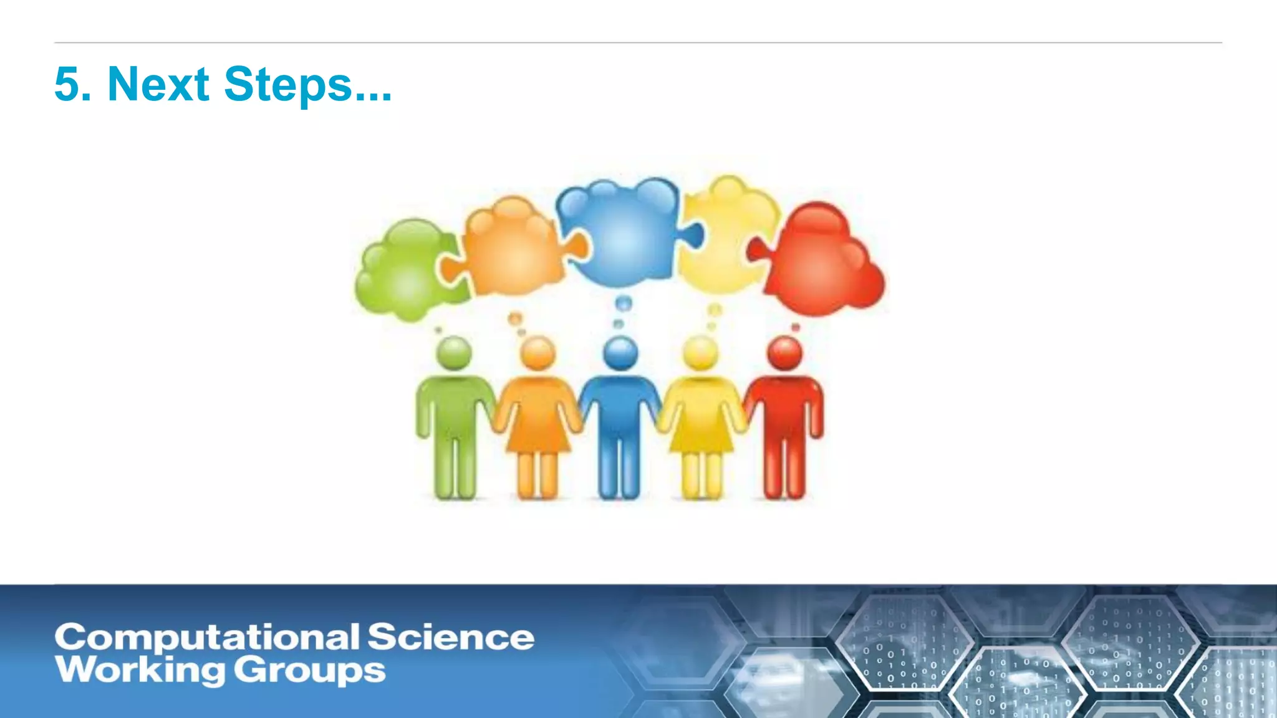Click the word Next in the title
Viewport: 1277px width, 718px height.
click(x=158, y=84)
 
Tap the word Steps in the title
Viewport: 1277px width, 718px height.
click(x=288, y=85)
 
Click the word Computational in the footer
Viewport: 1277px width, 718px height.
click(x=206, y=638)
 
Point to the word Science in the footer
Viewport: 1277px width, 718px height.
click(x=450, y=638)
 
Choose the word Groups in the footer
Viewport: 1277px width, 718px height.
click(x=310, y=671)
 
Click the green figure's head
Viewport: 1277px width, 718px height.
click(x=454, y=353)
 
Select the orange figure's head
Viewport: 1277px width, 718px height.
click(x=537, y=353)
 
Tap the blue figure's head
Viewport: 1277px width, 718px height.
click(x=620, y=353)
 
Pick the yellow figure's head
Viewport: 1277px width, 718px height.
click(x=701, y=353)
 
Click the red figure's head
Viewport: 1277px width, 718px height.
click(x=785, y=353)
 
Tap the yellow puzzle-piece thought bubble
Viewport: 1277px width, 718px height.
click(x=723, y=237)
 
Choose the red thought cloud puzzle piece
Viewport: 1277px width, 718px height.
click(x=823, y=262)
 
